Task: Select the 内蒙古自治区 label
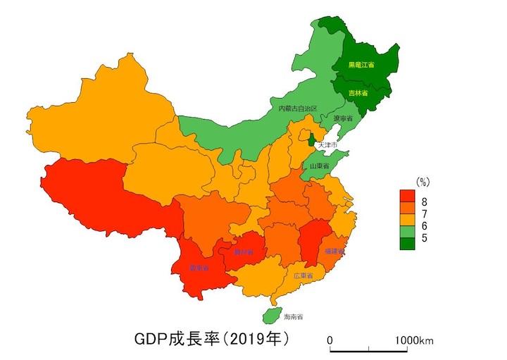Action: click(297, 108)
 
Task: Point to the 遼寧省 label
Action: click(342, 119)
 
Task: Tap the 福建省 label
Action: click(334, 251)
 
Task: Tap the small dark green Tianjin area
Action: click(311, 138)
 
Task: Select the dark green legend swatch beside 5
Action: click(408, 238)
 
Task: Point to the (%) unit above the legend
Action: click(423, 182)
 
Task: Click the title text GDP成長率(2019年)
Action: click(211, 339)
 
